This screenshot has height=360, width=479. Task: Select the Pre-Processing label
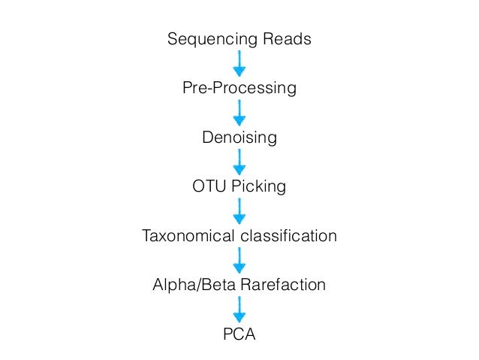[x=239, y=89]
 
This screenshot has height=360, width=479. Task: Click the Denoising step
[x=239, y=138]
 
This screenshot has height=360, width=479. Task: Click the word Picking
[x=259, y=186]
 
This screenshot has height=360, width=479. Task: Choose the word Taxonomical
[x=189, y=237]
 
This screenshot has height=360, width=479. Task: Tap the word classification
[x=289, y=237]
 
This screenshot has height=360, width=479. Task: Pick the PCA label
[x=239, y=334]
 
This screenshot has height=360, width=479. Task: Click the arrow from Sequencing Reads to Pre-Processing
[x=239, y=63]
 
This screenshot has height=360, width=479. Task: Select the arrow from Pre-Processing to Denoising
[x=239, y=113]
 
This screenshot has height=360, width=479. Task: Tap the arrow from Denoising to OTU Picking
[x=239, y=162]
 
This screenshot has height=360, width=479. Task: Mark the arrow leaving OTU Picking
[x=239, y=211]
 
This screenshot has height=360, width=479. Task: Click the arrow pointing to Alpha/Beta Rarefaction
[x=239, y=261]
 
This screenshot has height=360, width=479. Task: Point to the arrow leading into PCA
[x=239, y=309]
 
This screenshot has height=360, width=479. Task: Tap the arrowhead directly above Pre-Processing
[x=239, y=72]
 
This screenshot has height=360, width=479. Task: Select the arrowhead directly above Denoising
[x=239, y=121]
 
